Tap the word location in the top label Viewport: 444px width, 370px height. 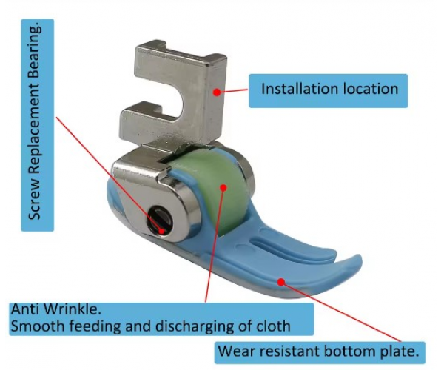[368, 90]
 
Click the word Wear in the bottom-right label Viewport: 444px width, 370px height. [238, 351]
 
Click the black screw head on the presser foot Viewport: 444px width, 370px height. [158, 219]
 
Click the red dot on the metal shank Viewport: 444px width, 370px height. [217, 92]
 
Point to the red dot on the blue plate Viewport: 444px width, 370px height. [280, 281]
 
